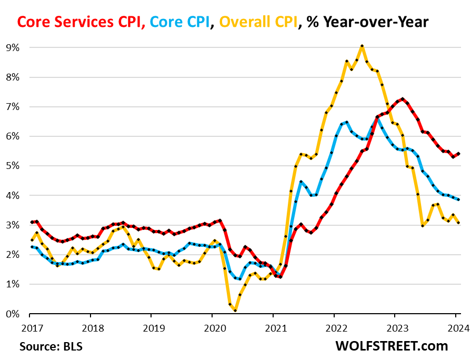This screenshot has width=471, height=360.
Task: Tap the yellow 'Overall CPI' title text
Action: point(257,22)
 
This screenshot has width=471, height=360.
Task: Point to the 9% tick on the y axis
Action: point(13,48)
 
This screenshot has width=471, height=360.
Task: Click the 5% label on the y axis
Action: point(13,166)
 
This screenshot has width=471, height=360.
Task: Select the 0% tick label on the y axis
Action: point(13,314)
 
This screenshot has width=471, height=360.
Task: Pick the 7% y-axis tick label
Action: point(13,107)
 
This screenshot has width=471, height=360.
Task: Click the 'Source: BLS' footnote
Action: point(51,346)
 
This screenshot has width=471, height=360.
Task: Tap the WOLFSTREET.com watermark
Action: point(392,346)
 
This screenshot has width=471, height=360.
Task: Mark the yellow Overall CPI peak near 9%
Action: point(362,46)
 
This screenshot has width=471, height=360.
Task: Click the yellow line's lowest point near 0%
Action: point(235,311)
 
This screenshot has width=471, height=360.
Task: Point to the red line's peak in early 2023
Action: point(403,99)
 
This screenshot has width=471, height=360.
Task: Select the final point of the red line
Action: point(458,154)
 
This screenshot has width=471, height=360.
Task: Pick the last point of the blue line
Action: point(458,199)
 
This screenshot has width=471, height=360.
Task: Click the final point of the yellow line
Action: point(458,223)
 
